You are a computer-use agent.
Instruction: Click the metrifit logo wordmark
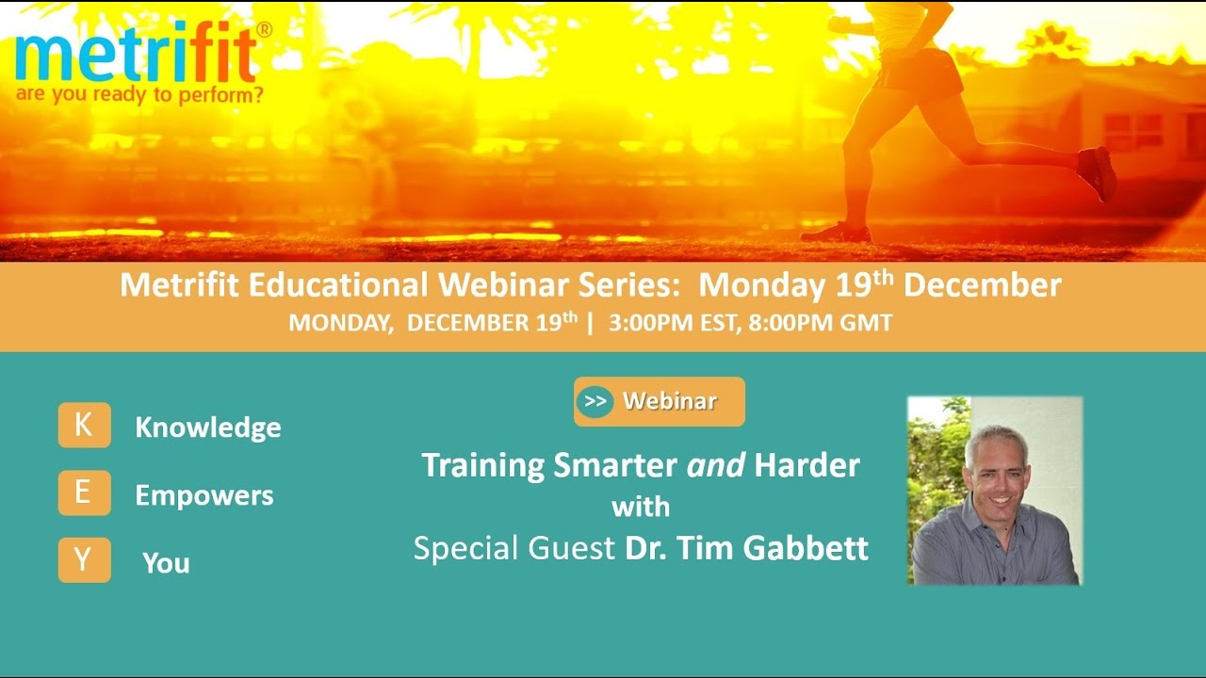[x=136, y=56]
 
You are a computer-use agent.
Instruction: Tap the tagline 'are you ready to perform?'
[x=139, y=95]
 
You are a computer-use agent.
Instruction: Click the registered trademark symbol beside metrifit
[x=265, y=30]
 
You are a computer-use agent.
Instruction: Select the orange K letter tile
[x=84, y=425]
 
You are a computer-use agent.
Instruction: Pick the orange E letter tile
[x=84, y=492]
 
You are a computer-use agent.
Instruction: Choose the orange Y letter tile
[x=84, y=560]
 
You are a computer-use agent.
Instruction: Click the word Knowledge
[x=207, y=428]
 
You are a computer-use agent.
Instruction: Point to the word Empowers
[x=204, y=495]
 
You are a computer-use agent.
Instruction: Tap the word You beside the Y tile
[x=166, y=563]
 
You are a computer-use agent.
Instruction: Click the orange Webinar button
[x=659, y=401]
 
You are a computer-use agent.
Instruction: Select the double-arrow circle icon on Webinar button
[x=595, y=401]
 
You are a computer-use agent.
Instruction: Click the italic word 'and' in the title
[x=716, y=465]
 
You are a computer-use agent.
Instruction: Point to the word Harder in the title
[x=807, y=465]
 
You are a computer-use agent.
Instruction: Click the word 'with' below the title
[x=641, y=508]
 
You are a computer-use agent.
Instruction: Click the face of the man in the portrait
[x=997, y=468]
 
